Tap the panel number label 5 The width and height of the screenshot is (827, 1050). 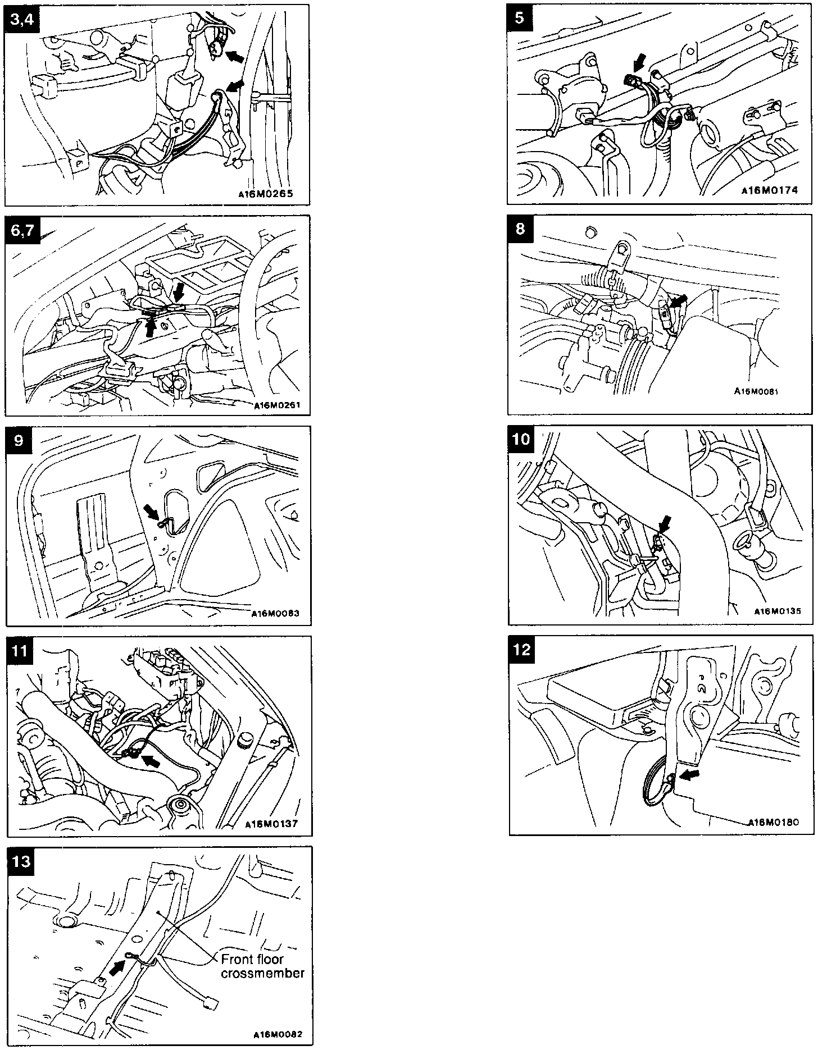point(520,18)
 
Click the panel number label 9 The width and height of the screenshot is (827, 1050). point(19,440)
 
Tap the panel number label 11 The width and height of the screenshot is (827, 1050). point(20,650)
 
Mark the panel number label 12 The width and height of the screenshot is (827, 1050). point(522,649)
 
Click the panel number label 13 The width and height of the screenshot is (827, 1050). point(21,861)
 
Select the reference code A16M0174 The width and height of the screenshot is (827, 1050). point(769,190)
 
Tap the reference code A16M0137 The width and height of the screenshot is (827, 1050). point(271,824)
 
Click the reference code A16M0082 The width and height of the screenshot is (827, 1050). point(276,1033)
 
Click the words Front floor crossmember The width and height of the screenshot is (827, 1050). point(262,966)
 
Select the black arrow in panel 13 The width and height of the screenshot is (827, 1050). point(116,967)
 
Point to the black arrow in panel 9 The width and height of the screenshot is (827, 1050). point(151,511)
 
